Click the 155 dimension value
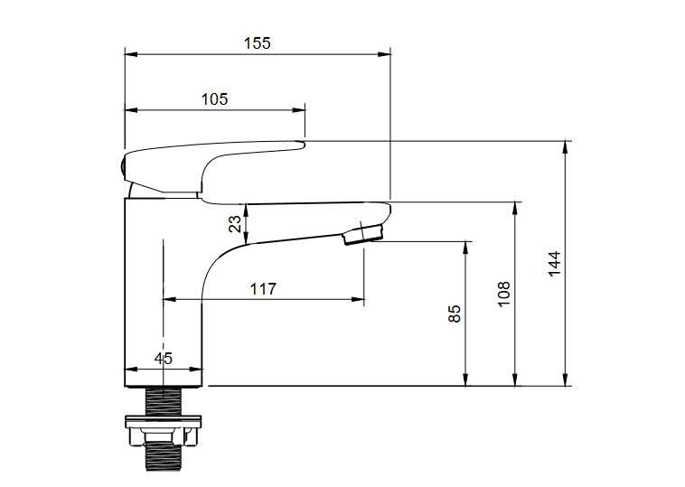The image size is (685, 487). [258, 43]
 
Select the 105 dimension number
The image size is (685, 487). [214, 99]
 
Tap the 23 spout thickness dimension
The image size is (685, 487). [235, 224]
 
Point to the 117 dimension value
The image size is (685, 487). [264, 289]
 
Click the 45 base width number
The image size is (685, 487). [164, 358]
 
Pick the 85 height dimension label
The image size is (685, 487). [455, 314]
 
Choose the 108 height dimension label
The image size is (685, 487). [504, 294]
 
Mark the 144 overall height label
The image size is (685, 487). [554, 263]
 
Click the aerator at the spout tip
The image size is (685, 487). [363, 234]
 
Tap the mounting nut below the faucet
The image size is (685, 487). [164, 431]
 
